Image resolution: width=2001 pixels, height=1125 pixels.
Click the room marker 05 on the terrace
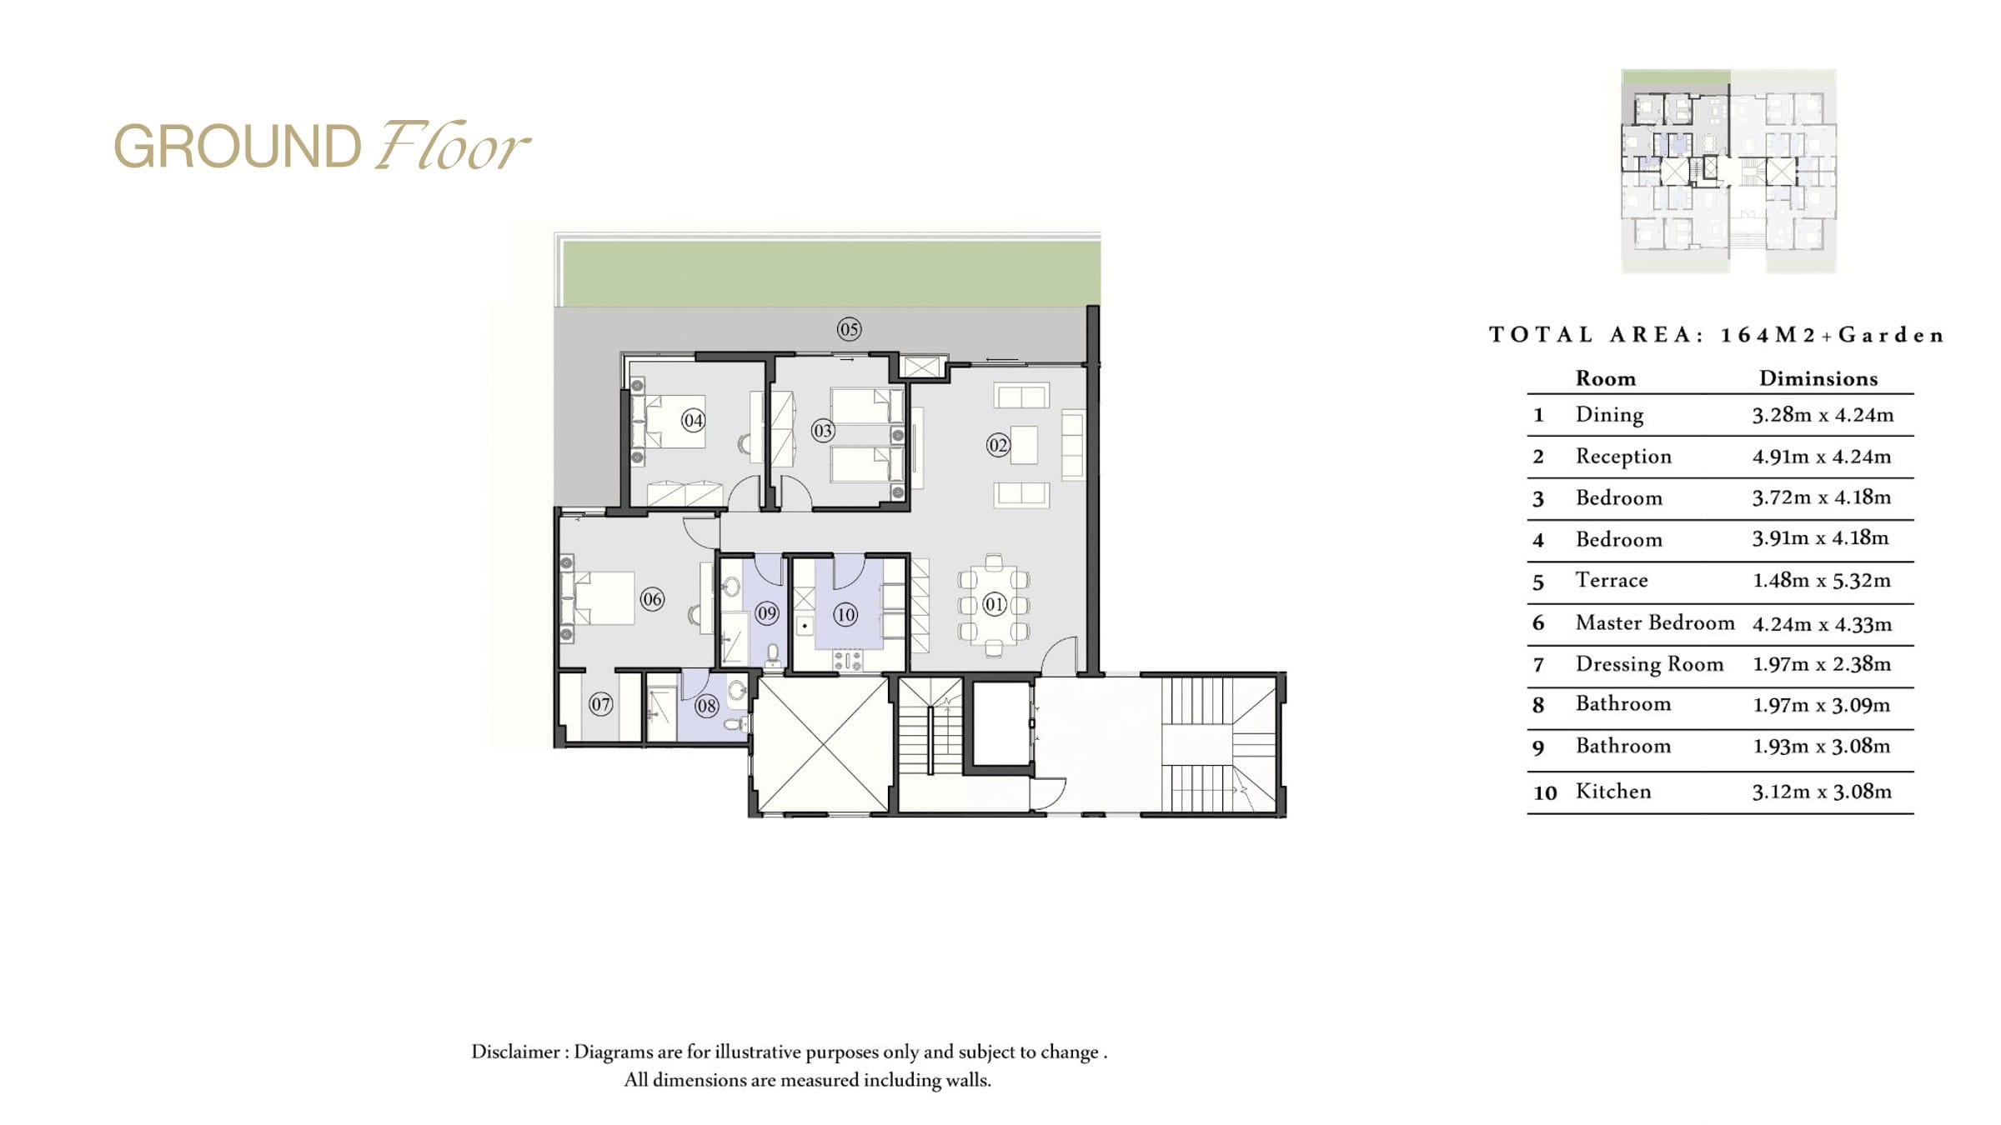coord(849,329)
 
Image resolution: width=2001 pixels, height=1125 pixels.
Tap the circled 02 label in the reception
coord(998,445)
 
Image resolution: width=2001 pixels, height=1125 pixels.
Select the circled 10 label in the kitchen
coord(845,615)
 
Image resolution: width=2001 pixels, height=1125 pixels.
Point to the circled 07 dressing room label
coord(600,704)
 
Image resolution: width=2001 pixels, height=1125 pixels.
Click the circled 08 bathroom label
coord(706,706)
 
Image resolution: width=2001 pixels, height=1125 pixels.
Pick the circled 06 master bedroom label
coord(652,598)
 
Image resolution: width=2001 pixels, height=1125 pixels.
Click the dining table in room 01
coord(994,604)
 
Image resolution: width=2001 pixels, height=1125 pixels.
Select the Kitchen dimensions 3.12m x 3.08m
coord(1822,791)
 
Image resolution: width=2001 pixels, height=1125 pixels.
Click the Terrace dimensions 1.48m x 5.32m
coord(1822,580)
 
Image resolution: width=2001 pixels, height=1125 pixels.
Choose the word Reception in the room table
coord(1623,457)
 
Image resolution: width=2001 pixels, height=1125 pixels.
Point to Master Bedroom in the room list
coord(1655,622)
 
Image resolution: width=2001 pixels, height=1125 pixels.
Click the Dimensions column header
coord(1818,378)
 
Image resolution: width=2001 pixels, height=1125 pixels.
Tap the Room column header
coord(1606,378)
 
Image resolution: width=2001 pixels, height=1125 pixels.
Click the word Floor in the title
coord(451,147)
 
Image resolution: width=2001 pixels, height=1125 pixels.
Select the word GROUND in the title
coord(238,147)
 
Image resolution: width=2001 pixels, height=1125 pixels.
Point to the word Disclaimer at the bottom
coord(515,1052)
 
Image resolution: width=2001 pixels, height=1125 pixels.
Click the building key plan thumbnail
coord(1728,171)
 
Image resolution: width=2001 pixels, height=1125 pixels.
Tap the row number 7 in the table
coord(1538,665)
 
